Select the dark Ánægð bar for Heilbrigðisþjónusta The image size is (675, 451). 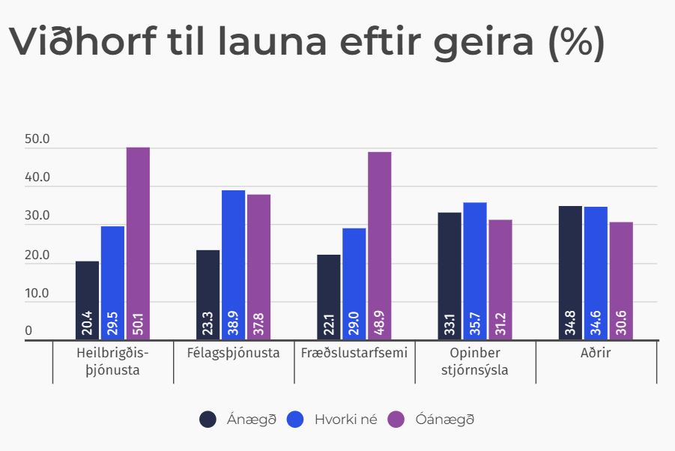[x=87, y=292]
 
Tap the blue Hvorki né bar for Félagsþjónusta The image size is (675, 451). [x=233, y=255]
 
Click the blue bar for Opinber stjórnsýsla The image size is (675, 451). [x=475, y=262]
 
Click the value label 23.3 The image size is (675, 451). [x=208, y=324]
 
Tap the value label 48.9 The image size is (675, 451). [x=380, y=324]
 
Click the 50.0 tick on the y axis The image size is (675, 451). [x=37, y=140]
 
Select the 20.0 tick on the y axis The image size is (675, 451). [x=37, y=255]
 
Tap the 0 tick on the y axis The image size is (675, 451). [x=29, y=331]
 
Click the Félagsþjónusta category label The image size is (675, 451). [x=234, y=353]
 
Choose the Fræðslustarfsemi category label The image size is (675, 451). [x=354, y=353]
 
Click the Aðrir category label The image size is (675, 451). [x=596, y=353]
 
